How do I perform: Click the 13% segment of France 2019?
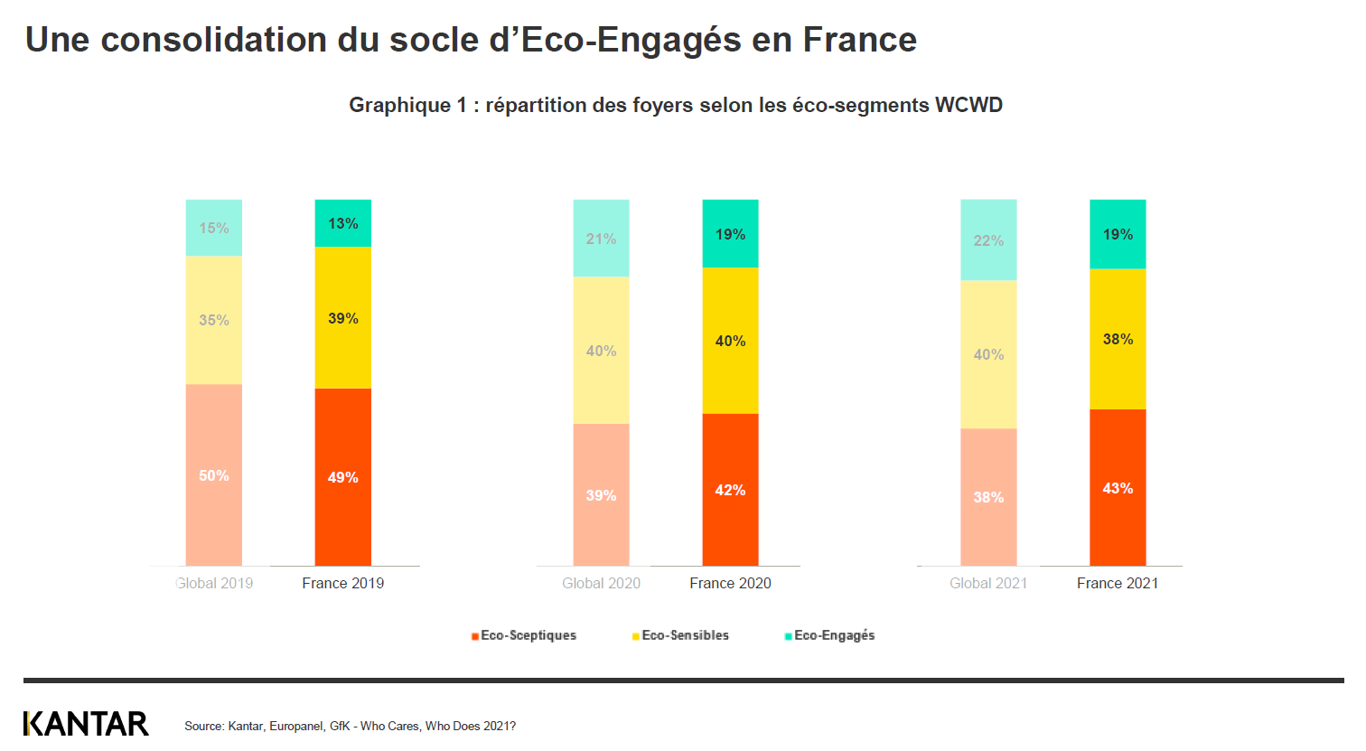343,223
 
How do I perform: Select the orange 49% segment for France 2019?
343,477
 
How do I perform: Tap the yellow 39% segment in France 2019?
343,318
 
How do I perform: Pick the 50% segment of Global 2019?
214,475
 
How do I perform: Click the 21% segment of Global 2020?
602,239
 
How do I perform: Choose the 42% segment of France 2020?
730,490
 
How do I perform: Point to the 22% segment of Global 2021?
988,240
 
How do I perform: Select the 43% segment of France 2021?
1118,488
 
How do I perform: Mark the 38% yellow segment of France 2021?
1118,339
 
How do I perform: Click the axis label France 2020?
730,584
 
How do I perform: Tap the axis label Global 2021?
988,584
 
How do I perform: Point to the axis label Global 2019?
214,584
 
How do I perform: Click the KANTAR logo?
86,724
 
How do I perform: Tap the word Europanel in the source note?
296,726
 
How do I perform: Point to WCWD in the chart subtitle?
968,105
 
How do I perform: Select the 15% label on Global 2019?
214,228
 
